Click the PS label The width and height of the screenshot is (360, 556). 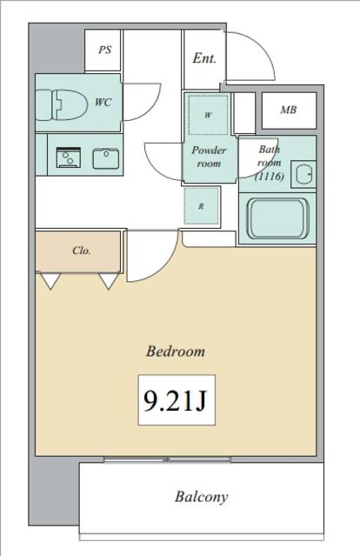(x=105, y=50)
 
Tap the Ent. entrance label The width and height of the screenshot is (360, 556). (x=204, y=58)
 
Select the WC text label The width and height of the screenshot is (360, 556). (x=103, y=103)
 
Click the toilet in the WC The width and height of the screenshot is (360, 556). (x=61, y=104)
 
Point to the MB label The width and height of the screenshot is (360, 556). (x=289, y=110)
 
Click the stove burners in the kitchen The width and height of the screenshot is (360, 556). (x=69, y=157)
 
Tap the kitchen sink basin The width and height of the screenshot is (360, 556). (x=106, y=158)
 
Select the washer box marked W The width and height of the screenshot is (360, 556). (x=208, y=115)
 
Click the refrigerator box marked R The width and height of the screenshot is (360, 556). (x=201, y=206)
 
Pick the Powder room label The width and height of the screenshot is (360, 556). (x=209, y=157)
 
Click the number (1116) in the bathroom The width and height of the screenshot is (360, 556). (x=270, y=177)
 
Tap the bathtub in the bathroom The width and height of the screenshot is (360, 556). (x=277, y=218)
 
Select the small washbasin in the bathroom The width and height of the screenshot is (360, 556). (x=303, y=174)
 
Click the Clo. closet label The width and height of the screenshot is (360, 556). (x=82, y=251)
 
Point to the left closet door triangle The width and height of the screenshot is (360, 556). (x=50, y=281)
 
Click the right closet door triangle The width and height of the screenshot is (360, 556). (x=109, y=281)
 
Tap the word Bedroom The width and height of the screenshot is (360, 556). (x=176, y=352)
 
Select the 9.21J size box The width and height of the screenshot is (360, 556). (x=177, y=400)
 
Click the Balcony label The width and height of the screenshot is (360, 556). (x=201, y=497)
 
